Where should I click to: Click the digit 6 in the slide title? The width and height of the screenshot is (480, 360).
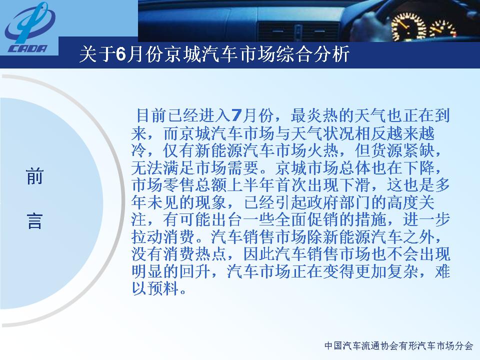(121, 54)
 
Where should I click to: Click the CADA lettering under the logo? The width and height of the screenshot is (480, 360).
(27, 48)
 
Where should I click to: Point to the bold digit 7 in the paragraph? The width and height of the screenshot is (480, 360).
(236, 115)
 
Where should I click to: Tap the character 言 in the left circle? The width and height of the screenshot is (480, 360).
(34, 221)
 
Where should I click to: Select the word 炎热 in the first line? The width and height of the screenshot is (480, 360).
(323, 115)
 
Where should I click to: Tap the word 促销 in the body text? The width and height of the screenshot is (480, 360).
(339, 219)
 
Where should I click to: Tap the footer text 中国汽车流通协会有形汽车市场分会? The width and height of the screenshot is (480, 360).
(399, 346)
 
